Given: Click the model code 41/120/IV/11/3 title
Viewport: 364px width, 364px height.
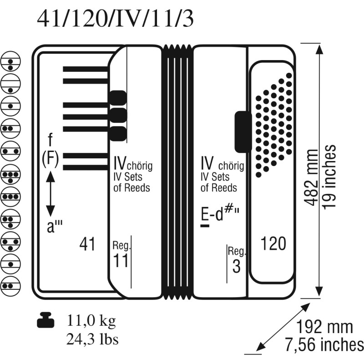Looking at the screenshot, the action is click(x=116, y=19).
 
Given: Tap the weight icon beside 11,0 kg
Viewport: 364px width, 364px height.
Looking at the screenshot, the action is click(x=46, y=320).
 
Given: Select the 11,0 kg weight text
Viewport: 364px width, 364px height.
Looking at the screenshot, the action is click(x=91, y=321).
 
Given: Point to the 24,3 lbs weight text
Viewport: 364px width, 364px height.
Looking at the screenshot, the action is click(x=92, y=339).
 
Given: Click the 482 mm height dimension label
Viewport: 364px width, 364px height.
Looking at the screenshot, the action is click(x=311, y=177).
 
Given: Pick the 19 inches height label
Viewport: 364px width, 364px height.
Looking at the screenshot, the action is click(x=329, y=177).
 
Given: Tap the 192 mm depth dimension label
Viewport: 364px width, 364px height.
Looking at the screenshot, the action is click(x=325, y=327).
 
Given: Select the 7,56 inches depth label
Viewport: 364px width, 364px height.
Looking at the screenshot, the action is click(x=324, y=345).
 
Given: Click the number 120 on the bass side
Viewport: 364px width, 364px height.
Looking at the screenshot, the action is click(x=273, y=243).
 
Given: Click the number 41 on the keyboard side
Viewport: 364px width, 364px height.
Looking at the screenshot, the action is click(x=87, y=244).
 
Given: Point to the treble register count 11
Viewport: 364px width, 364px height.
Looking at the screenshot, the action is click(x=121, y=260).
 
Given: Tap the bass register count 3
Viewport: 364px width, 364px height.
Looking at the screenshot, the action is click(x=236, y=266).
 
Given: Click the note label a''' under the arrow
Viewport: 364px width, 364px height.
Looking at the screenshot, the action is click(x=55, y=226).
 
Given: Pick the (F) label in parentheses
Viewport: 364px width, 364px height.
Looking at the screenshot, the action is click(x=51, y=160).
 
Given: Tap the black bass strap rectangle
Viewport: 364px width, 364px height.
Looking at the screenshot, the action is click(x=243, y=132).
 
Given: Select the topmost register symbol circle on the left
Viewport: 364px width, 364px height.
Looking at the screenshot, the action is click(x=10, y=61).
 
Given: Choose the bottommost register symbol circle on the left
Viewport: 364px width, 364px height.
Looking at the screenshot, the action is click(x=10, y=286).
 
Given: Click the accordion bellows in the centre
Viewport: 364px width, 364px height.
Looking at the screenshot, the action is click(x=177, y=172).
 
